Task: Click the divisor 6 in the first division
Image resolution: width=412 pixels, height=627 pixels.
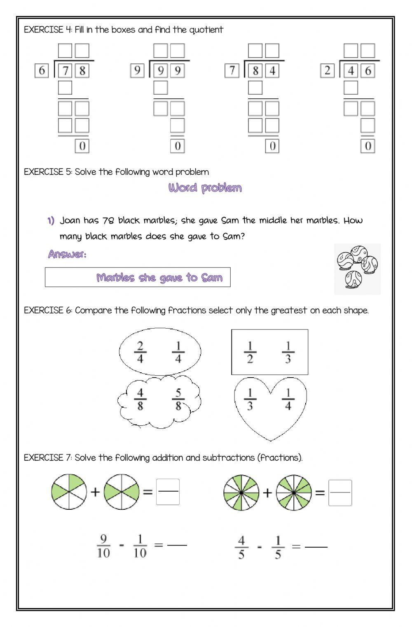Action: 42,71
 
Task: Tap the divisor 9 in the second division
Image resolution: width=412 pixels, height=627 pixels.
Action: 137,71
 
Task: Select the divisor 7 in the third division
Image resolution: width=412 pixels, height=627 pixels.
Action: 232,71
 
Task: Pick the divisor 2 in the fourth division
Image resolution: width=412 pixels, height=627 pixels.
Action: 327,71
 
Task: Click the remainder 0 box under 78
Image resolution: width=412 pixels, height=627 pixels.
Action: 82,146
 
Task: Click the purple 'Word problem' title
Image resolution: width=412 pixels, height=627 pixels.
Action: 205,188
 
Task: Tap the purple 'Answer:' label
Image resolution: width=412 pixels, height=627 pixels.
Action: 67,254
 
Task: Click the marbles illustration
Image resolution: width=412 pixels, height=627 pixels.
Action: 357,268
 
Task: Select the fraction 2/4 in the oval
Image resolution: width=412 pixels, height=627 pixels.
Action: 140,353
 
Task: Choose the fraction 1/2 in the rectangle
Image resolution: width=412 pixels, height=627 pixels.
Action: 250,353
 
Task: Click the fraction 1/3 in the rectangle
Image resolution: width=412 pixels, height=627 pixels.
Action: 288,353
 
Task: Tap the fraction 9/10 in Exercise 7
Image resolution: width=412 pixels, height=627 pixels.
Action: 103,546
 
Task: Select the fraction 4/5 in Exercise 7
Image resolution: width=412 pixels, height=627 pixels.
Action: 241,547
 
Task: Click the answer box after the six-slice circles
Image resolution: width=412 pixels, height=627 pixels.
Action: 168,492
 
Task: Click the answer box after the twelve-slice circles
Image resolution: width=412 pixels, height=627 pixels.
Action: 340,492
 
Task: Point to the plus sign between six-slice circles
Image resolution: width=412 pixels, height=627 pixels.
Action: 95,492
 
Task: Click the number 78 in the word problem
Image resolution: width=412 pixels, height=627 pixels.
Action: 108,221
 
